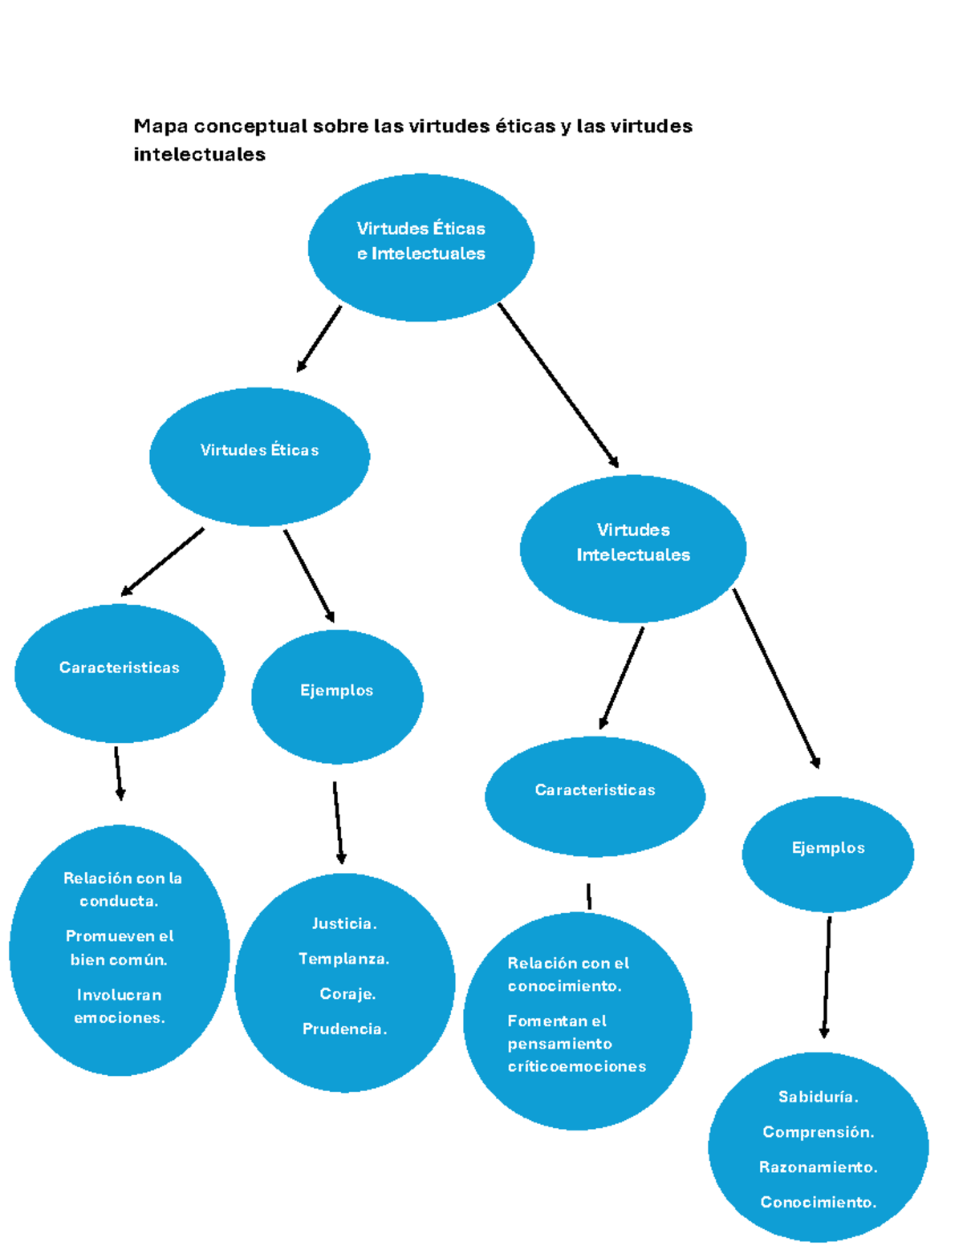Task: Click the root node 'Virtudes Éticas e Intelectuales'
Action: tap(421, 247)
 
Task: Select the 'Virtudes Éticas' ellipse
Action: tap(259, 456)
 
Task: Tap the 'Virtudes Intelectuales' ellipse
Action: tap(632, 548)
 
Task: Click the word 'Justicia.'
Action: tap(344, 923)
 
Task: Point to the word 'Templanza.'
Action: tap(343, 959)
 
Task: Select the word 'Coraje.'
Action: tap(347, 993)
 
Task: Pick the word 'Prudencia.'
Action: tap(344, 1029)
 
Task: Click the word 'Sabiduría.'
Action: tap(818, 1097)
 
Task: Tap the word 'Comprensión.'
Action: tap(818, 1132)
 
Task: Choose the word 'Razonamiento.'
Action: tap(818, 1167)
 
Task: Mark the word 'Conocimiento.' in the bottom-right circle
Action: tap(818, 1202)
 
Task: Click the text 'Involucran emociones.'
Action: tap(120, 1006)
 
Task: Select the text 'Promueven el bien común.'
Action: tap(120, 948)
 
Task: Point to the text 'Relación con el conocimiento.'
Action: tap(568, 974)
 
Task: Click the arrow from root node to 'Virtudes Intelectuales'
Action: tap(558, 384)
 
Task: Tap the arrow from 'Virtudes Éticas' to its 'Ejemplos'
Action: tap(309, 575)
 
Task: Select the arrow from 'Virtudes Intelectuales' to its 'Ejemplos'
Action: tap(776, 679)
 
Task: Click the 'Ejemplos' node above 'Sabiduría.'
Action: tap(827, 853)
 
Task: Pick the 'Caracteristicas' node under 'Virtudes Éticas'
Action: tap(120, 672)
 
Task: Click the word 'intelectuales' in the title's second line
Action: tap(199, 154)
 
